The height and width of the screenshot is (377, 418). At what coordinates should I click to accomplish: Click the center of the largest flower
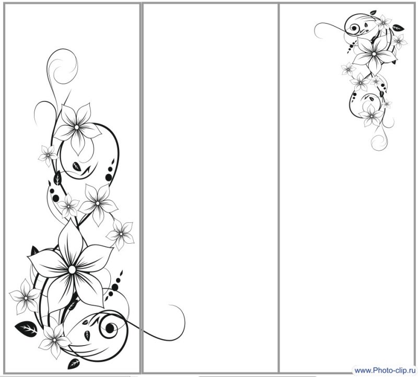point(72,270)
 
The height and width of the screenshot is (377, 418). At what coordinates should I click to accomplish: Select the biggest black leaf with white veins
point(26,329)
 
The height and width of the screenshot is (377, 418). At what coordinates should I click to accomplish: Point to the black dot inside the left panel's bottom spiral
point(110,328)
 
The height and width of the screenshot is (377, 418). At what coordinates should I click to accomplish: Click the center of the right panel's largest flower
point(374,54)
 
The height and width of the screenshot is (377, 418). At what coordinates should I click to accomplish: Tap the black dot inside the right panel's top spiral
point(354,28)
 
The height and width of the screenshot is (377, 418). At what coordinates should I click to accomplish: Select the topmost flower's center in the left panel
point(77,127)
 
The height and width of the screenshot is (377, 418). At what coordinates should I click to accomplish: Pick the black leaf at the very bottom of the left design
point(74,363)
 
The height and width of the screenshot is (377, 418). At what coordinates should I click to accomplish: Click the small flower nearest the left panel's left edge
point(25,297)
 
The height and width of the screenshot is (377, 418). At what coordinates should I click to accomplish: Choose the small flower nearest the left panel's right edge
point(121,234)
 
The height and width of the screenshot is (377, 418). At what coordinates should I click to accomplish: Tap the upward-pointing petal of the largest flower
point(70,240)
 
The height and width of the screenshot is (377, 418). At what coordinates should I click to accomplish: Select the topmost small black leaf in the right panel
point(373,13)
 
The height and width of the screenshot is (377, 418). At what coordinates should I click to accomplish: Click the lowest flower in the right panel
point(371,116)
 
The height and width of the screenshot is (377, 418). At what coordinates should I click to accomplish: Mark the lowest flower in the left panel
point(54,340)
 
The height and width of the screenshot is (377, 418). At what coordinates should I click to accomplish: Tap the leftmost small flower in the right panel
point(348,69)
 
